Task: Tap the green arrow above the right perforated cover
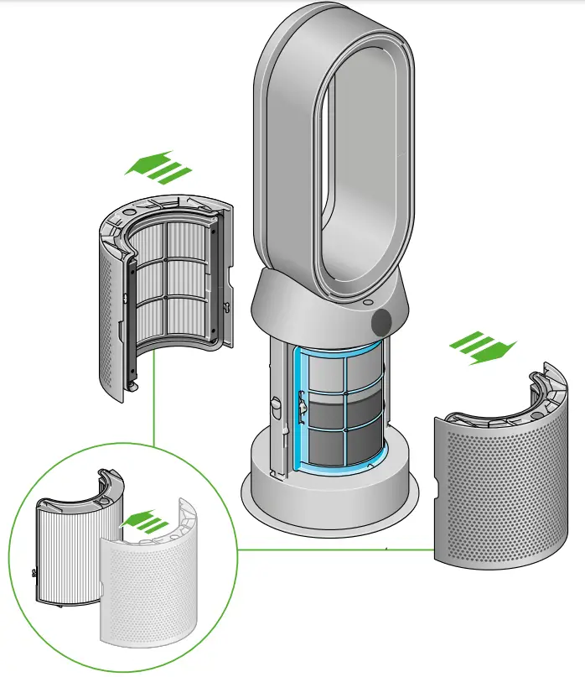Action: coord(483,347)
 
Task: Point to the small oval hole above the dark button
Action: coord(369,300)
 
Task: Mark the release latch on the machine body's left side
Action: coord(275,407)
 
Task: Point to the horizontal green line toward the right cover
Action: coord(335,549)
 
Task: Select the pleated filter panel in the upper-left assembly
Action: coord(171,281)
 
